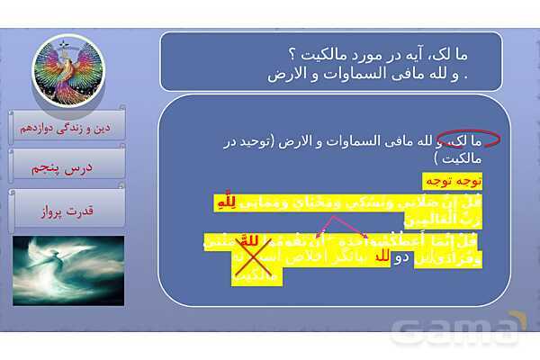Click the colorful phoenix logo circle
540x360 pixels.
click(x=67, y=73)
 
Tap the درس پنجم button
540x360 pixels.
click(x=68, y=167)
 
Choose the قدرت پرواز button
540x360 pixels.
click(x=67, y=211)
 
